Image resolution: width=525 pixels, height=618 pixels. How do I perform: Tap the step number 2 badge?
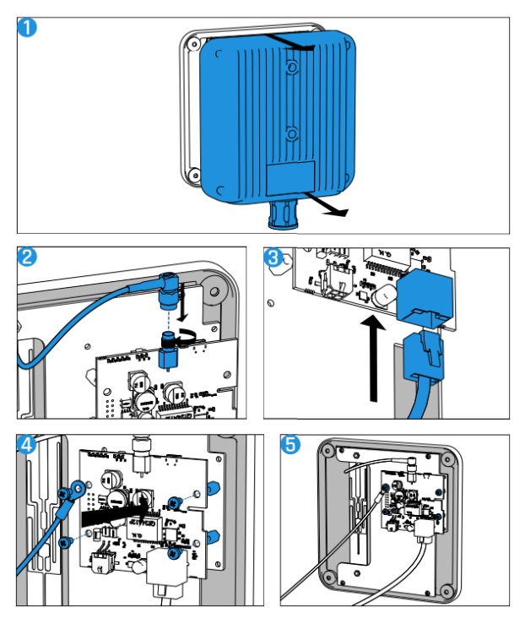[x=28, y=257]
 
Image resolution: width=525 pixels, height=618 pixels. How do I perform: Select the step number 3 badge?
[x=274, y=257]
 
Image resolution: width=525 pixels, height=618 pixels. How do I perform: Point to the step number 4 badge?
[x=28, y=445]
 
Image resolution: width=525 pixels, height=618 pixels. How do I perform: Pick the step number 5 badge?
[x=291, y=445]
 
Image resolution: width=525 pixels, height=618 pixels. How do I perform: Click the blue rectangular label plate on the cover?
[x=291, y=178]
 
